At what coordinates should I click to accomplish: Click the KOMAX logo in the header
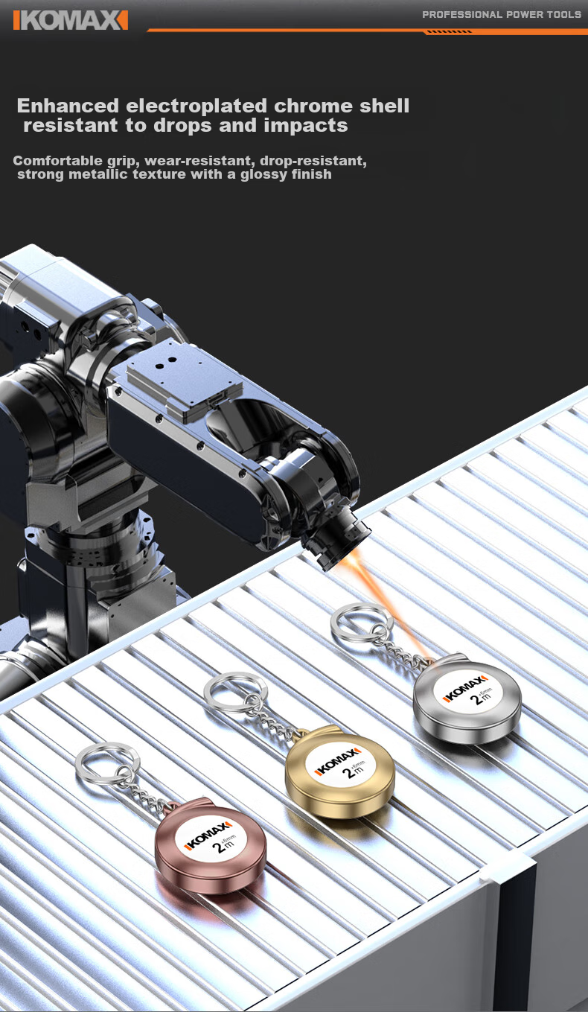point(71,20)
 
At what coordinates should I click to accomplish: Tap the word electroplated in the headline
point(196,106)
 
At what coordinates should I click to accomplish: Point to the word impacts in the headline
point(306,126)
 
